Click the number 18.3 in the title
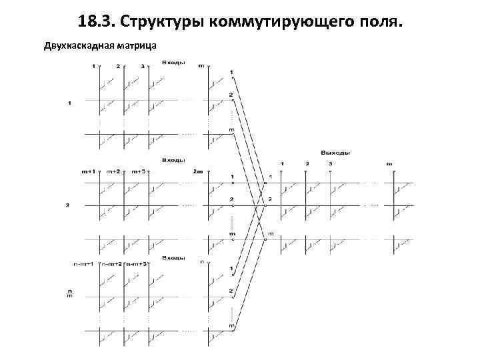pyautogui.click(x=96, y=22)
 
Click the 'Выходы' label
pyautogui.click(x=335, y=153)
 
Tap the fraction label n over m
pyautogui.click(x=69, y=293)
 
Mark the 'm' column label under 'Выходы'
pyautogui.click(x=390, y=163)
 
